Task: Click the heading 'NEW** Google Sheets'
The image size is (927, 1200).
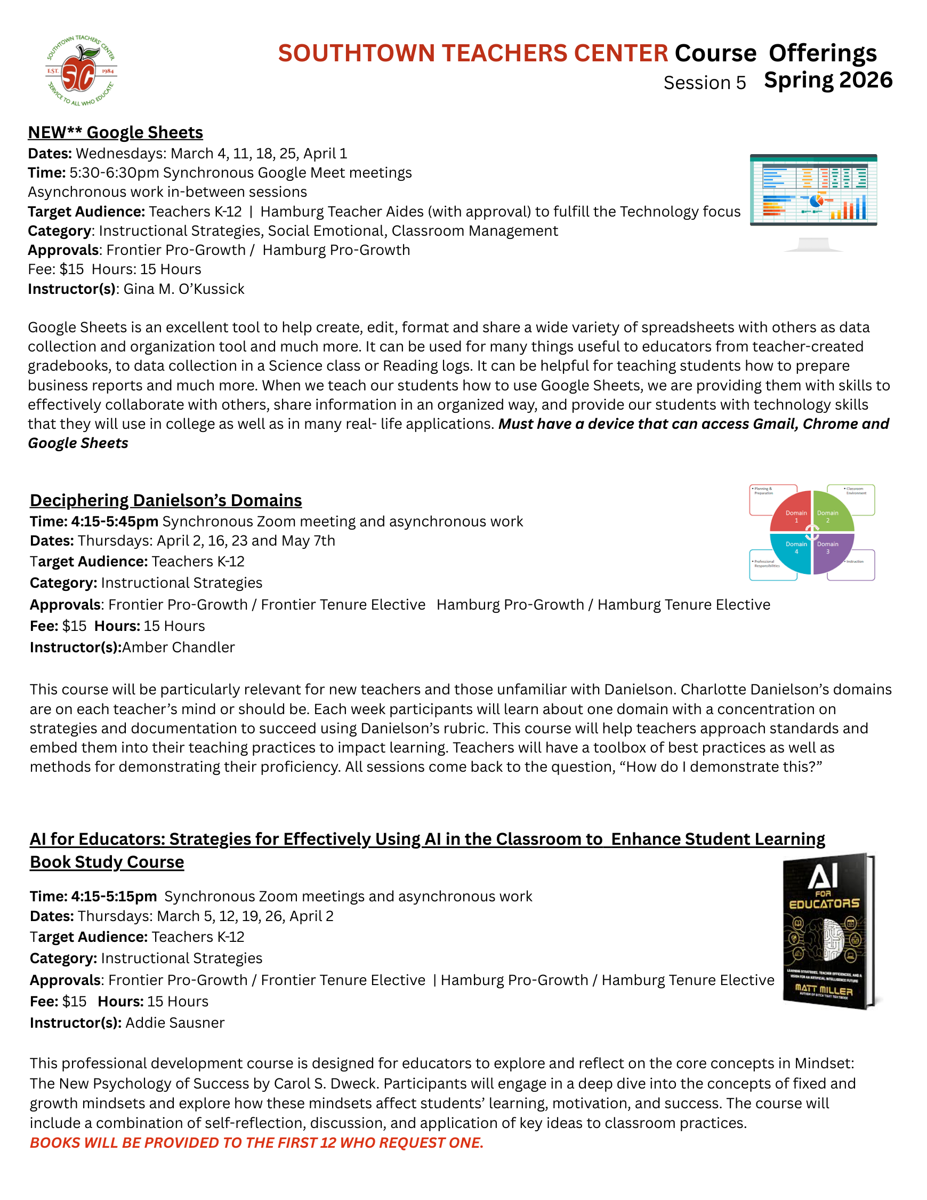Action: pyautogui.click(x=115, y=132)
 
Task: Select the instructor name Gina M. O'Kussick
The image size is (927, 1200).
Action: pyautogui.click(x=183, y=289)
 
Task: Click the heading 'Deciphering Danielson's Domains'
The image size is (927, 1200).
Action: pyautogui.click(x=165, y=501)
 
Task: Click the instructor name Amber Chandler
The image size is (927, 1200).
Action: pyautogui.click(x=179, y=647)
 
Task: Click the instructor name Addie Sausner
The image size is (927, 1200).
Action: pyautogui.click(x=175, y=1022)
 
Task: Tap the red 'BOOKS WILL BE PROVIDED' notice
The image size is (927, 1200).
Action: pyautogui.click(x=256, y=1142)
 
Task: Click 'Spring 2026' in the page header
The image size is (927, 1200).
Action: pyautogui.click(x=828, y=80)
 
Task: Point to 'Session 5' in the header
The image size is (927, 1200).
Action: pyautogui.click(x=705, y=83)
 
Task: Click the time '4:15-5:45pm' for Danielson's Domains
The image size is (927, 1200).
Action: pyautogui.click(x=115, y=522)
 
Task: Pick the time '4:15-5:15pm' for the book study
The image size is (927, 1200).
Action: pyautogui.click(x=114, y=896)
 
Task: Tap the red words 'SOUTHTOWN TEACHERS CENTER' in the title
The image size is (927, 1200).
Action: pyautogui.click(x=473, y=53)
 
